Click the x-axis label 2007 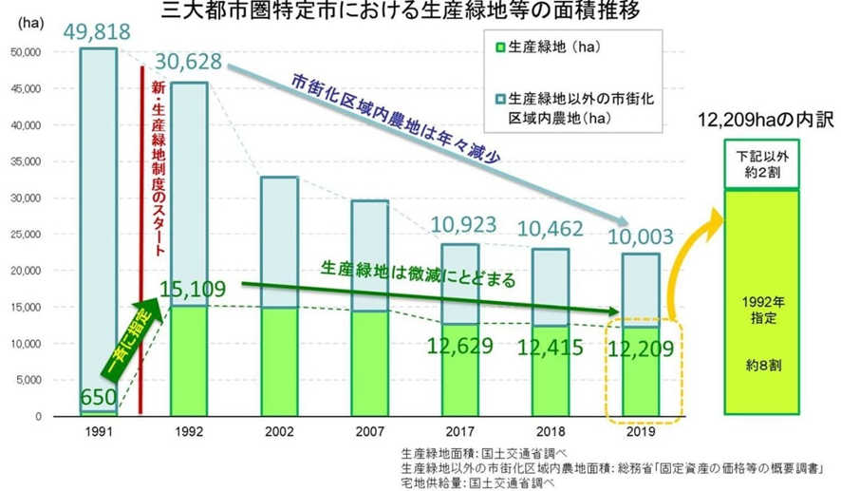click(x=368, y=430)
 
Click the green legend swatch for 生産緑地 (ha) click(x=499, y=45)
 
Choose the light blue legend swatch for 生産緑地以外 click(x=499, y=98)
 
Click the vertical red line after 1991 click(x=141, y=237)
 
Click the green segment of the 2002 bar click(x=282, y=361)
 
